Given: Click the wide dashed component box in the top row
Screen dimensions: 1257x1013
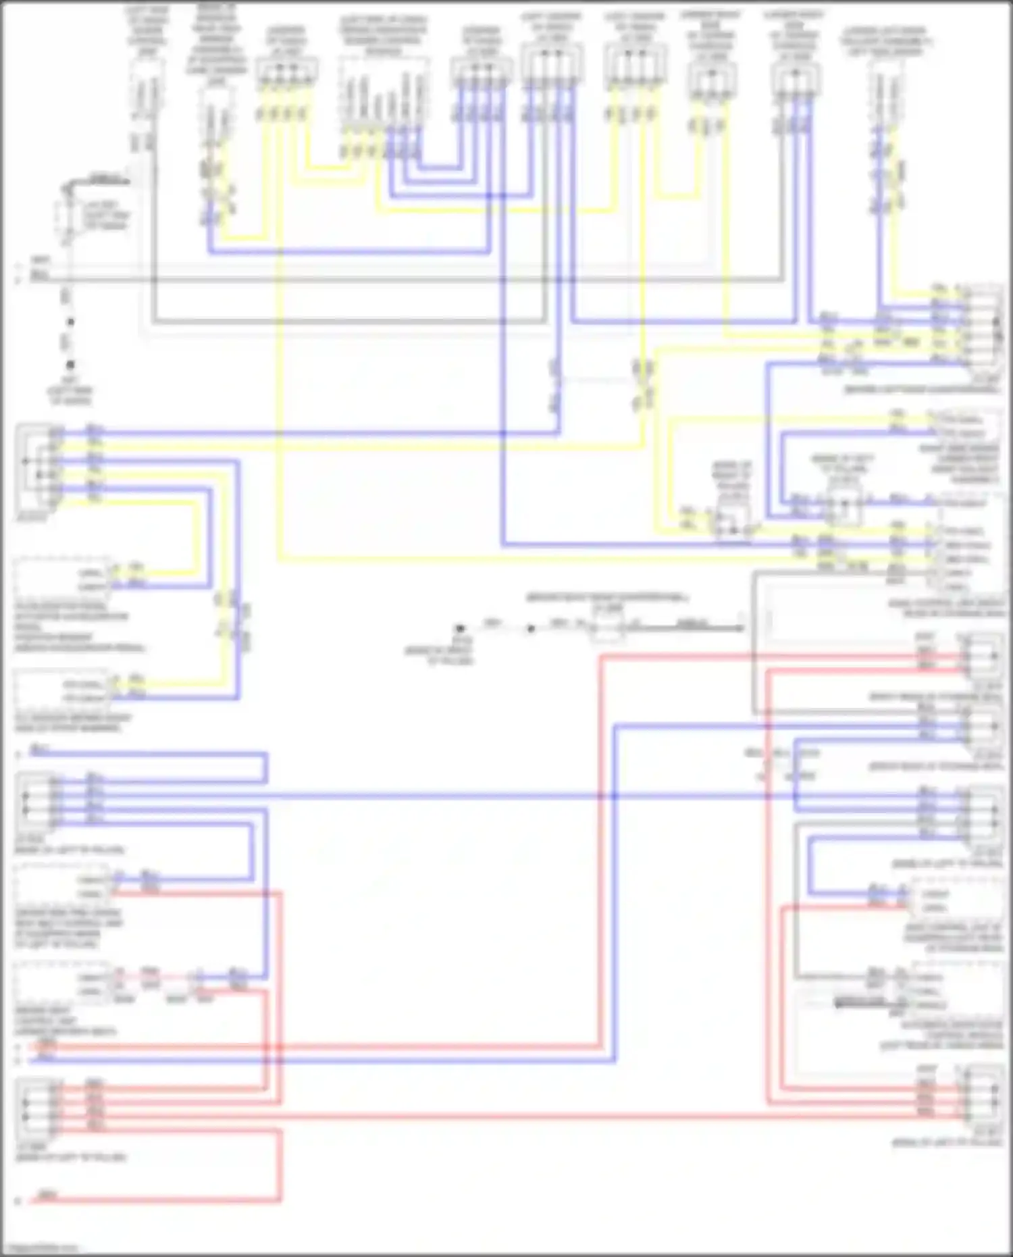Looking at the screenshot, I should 384,91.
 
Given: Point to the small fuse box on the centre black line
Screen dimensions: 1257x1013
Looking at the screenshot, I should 606,629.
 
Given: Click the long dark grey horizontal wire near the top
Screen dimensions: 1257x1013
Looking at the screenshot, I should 405,279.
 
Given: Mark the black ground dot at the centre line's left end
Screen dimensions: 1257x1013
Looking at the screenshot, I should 460,629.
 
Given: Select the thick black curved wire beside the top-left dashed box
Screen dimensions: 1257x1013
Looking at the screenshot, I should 95,181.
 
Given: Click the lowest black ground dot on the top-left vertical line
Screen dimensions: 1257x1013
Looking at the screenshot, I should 70,365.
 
